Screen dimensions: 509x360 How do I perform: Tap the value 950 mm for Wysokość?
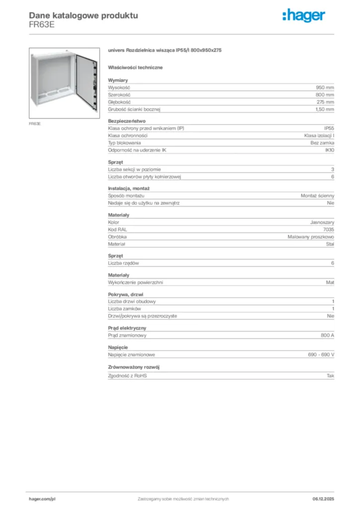[x=325, y=87]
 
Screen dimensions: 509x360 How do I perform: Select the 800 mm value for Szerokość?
[x=325, y=94]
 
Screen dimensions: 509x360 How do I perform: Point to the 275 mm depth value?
[x=325, y=101]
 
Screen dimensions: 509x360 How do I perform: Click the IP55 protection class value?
[x=329, y=128]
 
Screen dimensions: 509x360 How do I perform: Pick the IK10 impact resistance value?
[x=330, y=150]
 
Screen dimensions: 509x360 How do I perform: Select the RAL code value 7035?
[x=329, y=230]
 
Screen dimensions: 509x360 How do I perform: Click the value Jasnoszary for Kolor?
[x=322, y=222]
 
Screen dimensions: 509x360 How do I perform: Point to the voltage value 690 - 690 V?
[x=321, y=355]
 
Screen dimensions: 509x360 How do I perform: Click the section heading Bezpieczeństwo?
[x=127, y=121]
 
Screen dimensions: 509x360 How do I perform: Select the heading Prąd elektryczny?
[x=127, y=328]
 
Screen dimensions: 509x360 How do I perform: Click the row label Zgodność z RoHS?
[x=127, y=376]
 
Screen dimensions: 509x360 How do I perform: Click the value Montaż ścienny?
[x=318, y=196]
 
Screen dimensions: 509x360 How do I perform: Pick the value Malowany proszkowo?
[x=311, y=237]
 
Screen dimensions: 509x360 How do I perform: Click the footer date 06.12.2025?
[x=323, y=499]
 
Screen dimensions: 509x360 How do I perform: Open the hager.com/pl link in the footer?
[x=42, y=499]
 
